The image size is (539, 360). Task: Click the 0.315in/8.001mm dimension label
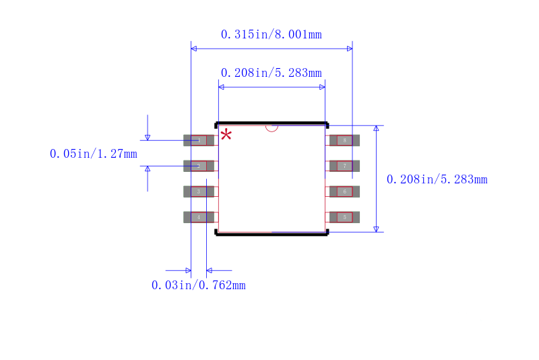tap(271, 34)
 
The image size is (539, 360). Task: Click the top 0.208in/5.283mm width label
tap(271, 73)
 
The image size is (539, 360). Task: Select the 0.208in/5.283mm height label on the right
tap(437, 179)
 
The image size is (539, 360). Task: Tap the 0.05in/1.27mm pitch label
tap(93, 154)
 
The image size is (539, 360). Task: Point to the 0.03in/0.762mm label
tap(198, 285)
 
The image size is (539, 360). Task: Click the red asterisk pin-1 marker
tap(226, 134)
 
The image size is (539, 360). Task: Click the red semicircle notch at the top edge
tap(272, 127)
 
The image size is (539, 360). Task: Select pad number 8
tap(344, 140)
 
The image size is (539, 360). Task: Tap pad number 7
tap(344, 166)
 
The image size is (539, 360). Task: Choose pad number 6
tap(344, 191)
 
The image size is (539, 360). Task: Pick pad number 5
tap(344, 217)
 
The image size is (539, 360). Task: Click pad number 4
tap(199, 217)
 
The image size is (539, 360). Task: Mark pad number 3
tap(199, 191)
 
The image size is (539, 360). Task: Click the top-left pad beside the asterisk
tap(199, 140)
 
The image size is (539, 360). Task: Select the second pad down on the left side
tap(199, 166)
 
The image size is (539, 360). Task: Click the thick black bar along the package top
tap(272, 123)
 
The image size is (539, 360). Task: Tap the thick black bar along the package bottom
tap(272, 233)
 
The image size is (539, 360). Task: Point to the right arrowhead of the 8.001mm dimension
tap(349, 49)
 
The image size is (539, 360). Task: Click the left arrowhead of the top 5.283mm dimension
tap(222, 87)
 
